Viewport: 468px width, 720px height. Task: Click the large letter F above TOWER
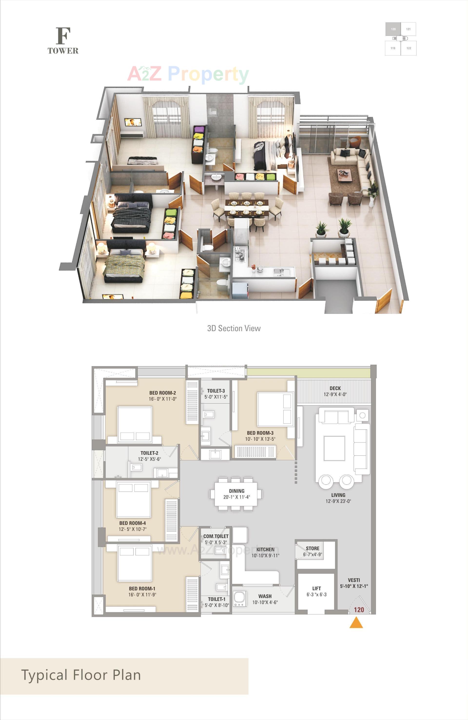click(x=63, y=36)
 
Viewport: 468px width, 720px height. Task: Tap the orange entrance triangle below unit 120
click(x=356, y=623)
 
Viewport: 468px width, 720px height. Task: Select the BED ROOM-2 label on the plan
click(x=162, y=393)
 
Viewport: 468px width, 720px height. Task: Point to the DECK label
click(x=335, y=388)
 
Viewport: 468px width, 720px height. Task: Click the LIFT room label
click(x=316, y=588)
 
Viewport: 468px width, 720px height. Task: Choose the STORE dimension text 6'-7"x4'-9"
click(x=312, y=554)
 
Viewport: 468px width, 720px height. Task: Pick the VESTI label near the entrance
click(x=354, y=580)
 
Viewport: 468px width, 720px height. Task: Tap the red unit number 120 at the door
click(x=359, y=610)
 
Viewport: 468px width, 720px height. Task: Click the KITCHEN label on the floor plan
click(x=265, y=549)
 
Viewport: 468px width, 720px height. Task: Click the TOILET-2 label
click(x=149, y=453)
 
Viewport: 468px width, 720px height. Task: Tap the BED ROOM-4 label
click(x=133, y=523)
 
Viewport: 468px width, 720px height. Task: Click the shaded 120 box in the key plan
click(x=393, y=29)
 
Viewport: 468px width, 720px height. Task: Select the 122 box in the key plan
click(x=409, y=48)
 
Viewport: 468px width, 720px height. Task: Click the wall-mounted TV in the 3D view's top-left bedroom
click(x=133, y=122)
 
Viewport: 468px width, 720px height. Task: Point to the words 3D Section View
click(x=234, y=328)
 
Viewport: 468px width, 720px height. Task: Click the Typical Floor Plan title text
click(x=81, y=675)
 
